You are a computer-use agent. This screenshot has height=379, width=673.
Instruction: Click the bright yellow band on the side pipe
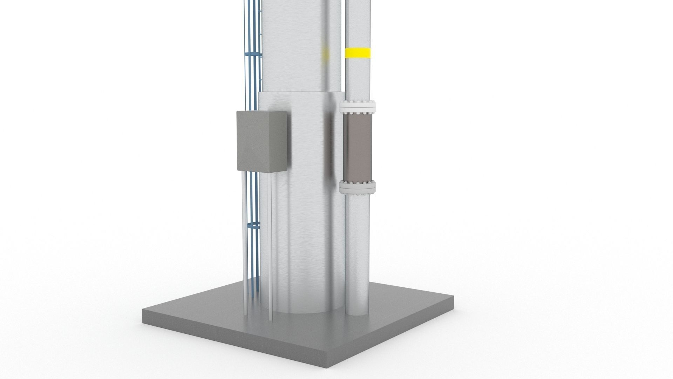358,53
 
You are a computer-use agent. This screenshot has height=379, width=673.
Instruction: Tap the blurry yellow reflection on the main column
325,53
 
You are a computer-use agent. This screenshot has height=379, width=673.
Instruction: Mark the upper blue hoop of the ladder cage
253,55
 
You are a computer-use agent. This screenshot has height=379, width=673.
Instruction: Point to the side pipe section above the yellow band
358,21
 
